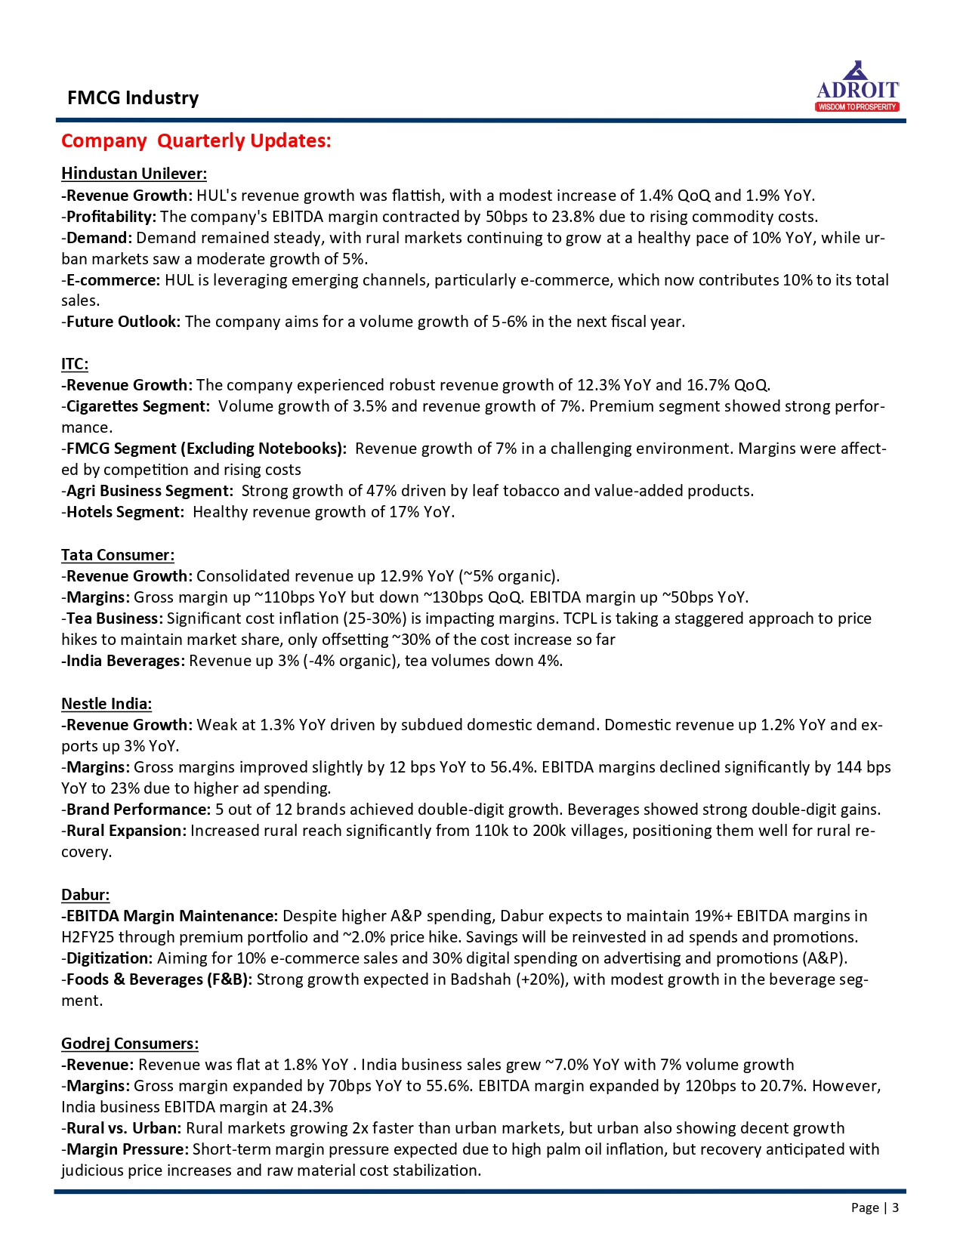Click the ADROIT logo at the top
[857, 88]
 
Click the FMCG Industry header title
[133, 98]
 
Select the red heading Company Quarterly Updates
[196, 141]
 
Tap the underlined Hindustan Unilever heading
[134, 174]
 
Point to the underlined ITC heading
[75, 364]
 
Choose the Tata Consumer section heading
[118, 555]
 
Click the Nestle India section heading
[106, 704]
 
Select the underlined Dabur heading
[85, 895]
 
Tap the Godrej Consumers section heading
[130, 1044]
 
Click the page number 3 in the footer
[895, 1207]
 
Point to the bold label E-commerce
[113, 280]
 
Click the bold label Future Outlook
[123, 322]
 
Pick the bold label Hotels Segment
[125, 512]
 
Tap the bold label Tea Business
[114, 618]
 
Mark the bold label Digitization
[110, 958]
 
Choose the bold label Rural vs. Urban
[124, 1128]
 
